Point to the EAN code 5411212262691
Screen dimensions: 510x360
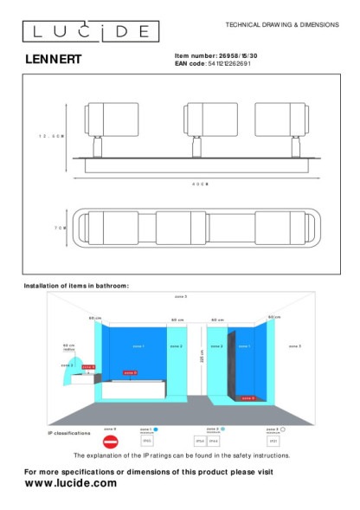pyautogui.click(x=229, y=64)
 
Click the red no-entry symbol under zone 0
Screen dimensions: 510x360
pyautogui.click(x=110, y=440)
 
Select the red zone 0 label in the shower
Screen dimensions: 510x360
pyautogui.click(x=247, y=398)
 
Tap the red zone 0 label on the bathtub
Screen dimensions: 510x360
pyautogui.click(x=130, y=373)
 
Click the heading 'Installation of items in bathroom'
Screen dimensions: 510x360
pyautogui.click(x=76, y=285)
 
